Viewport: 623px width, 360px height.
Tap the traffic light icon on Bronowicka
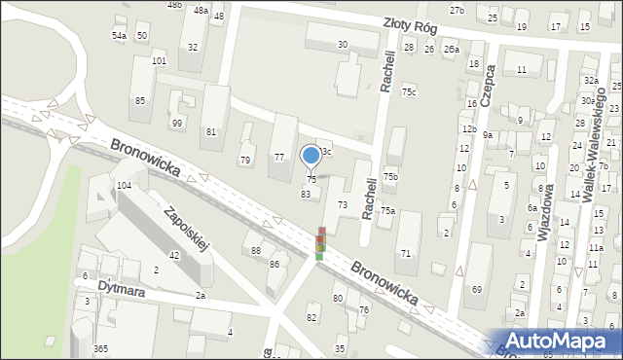(x=320, y=244)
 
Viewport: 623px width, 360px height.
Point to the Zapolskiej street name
(x=188, y=230)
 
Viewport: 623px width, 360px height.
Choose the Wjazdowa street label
(x=544, y=211)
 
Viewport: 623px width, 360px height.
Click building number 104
(x=124, y=185)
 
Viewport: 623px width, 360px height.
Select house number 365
(x=100, y=348)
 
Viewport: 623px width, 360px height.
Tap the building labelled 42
(x=174, y=255)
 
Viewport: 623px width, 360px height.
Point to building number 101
(x=159, y=61)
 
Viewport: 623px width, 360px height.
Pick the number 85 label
(x=140, y=101)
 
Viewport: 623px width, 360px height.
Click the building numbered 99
(x=177, y=123)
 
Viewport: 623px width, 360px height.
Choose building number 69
(x=477, y=290)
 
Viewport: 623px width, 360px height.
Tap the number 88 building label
(x=256, y=251)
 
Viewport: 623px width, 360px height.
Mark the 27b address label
(x=457, y=10)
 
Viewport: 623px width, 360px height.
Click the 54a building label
(x=119, y=35)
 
